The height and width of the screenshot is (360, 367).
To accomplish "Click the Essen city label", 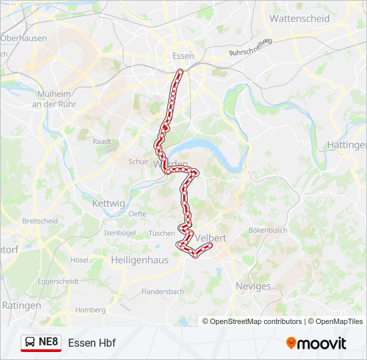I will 182,56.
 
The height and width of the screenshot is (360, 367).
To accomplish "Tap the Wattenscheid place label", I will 299,19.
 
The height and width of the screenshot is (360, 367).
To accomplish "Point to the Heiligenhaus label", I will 140,260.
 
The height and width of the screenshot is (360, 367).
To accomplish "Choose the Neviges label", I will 254,286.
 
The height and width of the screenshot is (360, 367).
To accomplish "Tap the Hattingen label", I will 347,145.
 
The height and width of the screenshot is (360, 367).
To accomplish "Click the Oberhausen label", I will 24,38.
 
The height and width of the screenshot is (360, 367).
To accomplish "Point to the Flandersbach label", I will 162,292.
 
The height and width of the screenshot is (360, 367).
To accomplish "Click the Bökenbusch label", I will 267,230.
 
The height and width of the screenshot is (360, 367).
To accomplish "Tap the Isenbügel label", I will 120,233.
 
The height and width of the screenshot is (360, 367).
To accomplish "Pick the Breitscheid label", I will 40,221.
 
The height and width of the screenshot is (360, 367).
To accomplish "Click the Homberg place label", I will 90,310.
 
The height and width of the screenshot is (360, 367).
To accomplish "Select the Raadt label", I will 102,141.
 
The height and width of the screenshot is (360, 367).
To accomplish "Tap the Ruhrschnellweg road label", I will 251,47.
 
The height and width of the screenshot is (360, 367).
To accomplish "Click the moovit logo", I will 316,343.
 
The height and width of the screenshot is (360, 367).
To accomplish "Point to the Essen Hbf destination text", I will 91,343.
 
